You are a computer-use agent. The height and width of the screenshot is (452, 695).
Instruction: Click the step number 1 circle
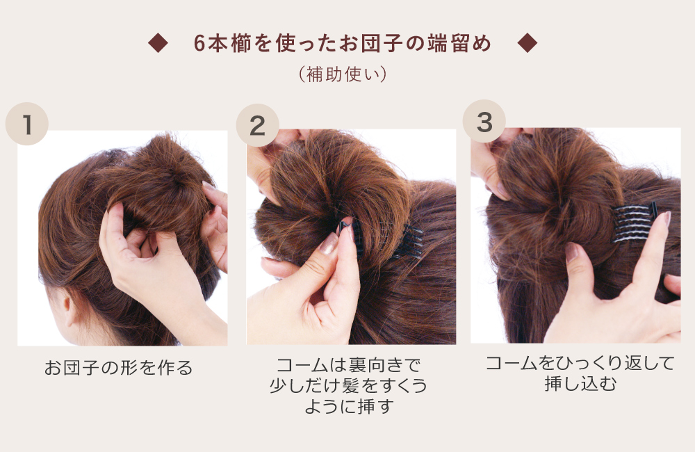click(x=27, y=124)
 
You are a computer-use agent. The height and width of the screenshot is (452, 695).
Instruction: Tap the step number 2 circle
click(x=258, y=126)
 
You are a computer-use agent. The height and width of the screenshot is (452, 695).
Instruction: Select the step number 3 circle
click(x=484, y=122)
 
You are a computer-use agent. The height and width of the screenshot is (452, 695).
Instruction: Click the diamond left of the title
click(x=158, y=43)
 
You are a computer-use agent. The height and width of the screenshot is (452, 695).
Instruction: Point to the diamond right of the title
click(x=528, y=43)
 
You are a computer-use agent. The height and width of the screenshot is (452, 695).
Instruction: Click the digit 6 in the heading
click(x=199, y=44)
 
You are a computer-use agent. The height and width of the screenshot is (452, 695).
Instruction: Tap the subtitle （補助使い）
click(x=343, y=74)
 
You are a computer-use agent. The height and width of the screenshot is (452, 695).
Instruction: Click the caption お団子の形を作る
click(x=118, y=368)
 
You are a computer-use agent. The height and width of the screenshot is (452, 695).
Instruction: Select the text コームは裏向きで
click(x=348, y=365)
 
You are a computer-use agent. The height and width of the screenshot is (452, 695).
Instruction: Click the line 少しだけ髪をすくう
click(x=348, y=385)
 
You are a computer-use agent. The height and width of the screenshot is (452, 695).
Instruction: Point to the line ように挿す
click(x=349, y=406)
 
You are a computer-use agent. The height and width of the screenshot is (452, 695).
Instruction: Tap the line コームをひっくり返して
click(x=580, y=363)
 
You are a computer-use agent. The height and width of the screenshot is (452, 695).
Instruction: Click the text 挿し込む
click(x=580, y=384)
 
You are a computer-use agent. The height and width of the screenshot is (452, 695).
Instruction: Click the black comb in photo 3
click(x=635, y=223)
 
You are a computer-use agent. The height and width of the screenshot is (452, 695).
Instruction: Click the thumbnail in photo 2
click(x=329, y=243)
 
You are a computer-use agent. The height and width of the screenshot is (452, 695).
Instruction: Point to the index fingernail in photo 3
click(x=667, y=218)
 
